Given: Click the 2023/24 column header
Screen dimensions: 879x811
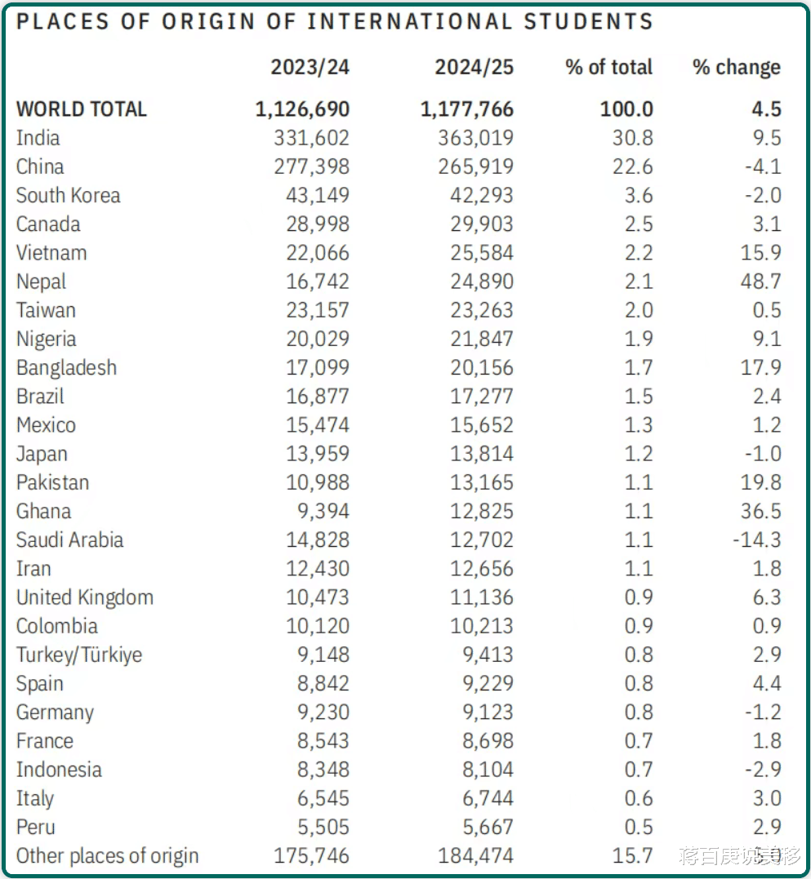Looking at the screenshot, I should (310, 67).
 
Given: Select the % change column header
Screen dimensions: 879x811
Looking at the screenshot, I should (736, 67).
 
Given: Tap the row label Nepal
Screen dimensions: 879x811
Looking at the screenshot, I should (41, 282).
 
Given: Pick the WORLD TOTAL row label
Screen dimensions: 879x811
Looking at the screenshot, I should (81, 109).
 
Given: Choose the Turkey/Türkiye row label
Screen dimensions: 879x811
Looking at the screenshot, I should (78, 655).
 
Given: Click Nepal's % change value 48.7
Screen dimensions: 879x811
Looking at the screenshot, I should (760, 282).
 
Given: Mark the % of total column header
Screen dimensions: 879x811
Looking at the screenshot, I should (608, 67).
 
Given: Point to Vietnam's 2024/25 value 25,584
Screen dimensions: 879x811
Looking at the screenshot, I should (482, 253).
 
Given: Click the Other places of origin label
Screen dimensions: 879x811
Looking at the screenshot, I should (107, 856).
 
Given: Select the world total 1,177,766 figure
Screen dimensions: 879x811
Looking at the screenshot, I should (466, 109).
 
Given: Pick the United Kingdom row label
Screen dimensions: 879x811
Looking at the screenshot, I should (84, 597).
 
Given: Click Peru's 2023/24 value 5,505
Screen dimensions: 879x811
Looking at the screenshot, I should (323, 827).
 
